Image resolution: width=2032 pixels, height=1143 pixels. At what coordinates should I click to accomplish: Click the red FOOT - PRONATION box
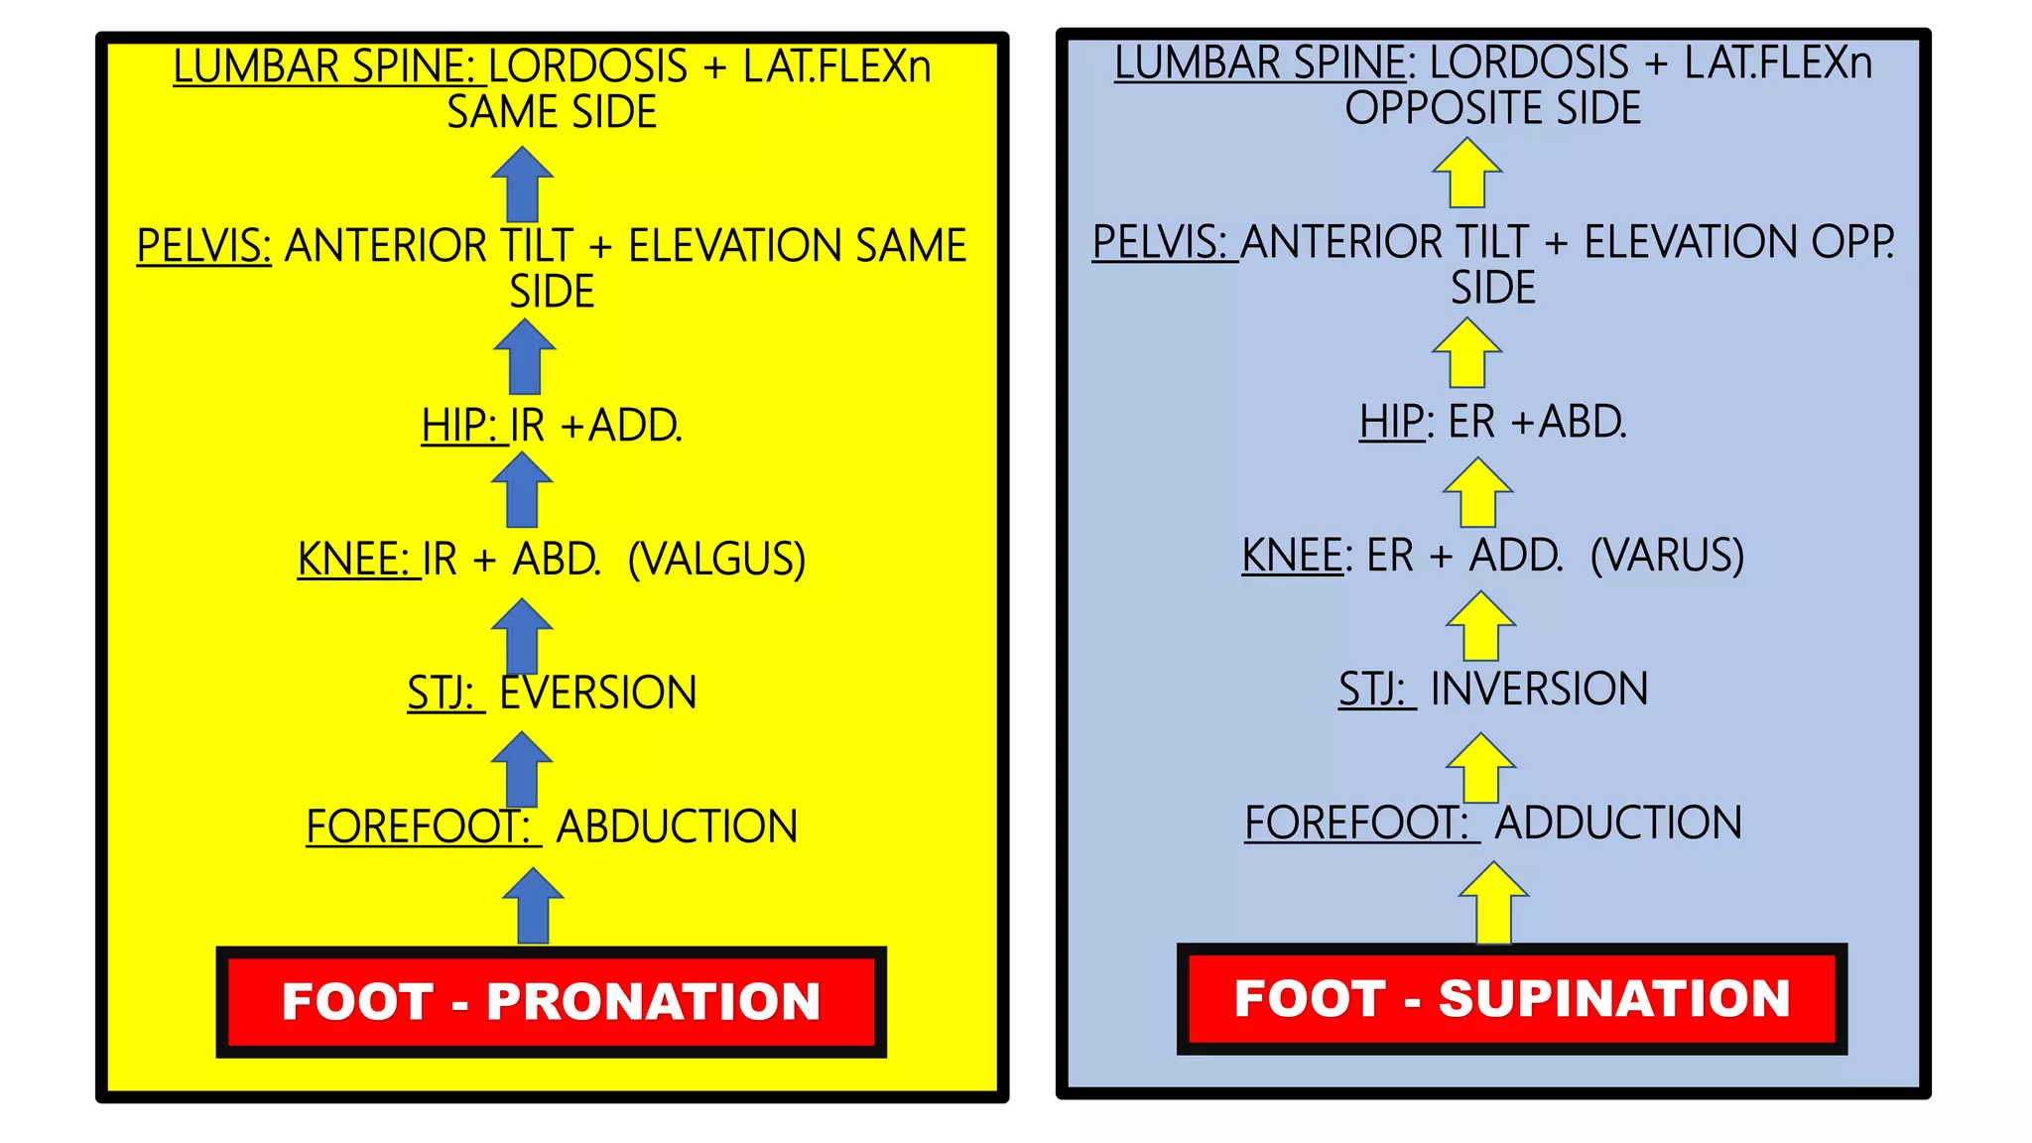(x=551, y=1001)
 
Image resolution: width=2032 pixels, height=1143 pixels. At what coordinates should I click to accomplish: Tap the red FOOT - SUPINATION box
(x=1511, y=998)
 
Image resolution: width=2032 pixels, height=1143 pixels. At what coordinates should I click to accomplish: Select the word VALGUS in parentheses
(x=716, y=559)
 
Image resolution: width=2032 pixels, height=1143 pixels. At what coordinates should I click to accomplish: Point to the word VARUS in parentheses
(x=1667, y=555)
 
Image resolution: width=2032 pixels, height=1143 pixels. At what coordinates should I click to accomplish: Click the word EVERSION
(x=597, y=693)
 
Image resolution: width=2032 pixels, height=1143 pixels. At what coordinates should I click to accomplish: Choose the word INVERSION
(x=1539, y=689)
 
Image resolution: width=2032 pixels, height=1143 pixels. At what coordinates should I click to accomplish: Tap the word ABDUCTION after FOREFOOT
(x=677, y=826)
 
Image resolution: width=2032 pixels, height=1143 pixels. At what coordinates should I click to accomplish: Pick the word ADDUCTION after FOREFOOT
(x=1618, y=823)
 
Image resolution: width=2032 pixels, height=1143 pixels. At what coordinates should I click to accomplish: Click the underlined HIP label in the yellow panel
(x=457, y=425)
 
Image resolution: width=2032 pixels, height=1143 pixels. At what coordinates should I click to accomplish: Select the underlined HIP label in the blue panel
(x=1391, y=422)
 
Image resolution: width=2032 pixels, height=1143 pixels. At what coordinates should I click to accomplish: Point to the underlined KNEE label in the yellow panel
(x=352, y=559)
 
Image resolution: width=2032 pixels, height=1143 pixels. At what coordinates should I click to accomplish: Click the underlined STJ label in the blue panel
(x=1371, y=689)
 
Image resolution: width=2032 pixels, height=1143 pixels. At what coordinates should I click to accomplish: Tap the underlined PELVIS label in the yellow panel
(x=203, y=245)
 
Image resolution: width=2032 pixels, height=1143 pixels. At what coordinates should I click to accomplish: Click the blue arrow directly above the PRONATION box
(x=533, y=905)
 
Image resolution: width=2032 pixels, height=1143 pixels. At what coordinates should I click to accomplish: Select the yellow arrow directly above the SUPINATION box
(x=1493, y=902)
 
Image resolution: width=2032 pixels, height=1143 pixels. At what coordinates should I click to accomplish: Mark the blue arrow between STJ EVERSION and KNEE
(x=522, y=635)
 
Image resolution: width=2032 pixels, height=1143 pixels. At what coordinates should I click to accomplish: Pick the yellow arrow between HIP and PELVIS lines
(x=1466, y=352)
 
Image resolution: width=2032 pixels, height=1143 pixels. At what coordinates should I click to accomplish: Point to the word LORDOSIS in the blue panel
(x=1529, y=63)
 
